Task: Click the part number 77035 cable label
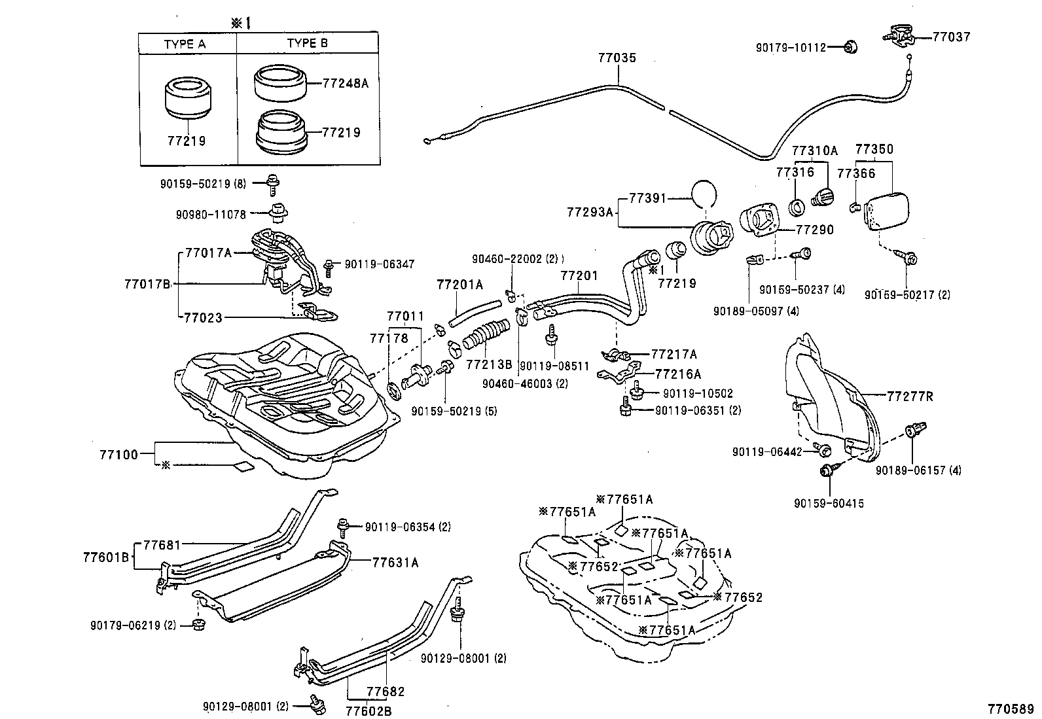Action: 616,58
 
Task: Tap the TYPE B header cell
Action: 307,44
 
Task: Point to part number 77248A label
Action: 346,83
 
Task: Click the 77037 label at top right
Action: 951,37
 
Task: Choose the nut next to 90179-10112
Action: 850,46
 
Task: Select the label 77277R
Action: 910,396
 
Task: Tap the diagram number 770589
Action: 1011,709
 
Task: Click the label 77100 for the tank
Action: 118,453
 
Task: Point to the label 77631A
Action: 395,561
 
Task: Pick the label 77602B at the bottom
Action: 368,710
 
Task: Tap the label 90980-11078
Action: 211,213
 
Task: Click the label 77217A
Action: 674,355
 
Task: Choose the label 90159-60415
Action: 829,503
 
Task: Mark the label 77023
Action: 203,318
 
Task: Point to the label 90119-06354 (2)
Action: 408,527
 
